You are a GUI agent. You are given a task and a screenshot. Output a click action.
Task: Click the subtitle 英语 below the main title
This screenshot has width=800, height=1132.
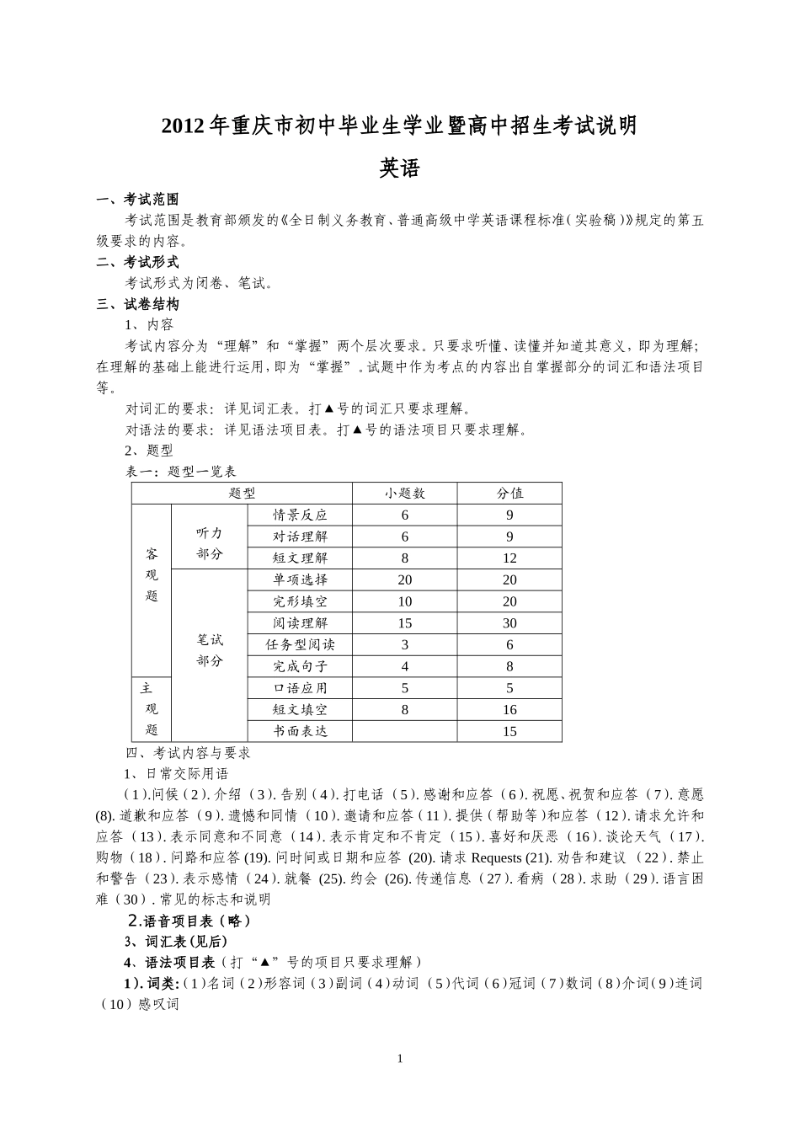tap(399, 168)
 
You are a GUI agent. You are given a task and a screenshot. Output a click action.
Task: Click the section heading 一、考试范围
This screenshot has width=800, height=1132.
tap(137, 200)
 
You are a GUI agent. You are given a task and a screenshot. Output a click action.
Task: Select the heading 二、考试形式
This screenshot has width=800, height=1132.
tap(137, 263)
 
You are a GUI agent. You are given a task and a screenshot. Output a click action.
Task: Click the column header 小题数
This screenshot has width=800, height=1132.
tap(405, 494)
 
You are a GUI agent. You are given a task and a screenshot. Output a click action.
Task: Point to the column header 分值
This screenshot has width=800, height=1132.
tap(509, 494)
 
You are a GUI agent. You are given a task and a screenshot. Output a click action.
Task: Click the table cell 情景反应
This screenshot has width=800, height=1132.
tap(300, 515)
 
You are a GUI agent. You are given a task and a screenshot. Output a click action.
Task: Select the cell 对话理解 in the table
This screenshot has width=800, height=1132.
tap(300, 537)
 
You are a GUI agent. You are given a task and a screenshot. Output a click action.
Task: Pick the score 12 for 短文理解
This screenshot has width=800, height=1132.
tap(509, 558)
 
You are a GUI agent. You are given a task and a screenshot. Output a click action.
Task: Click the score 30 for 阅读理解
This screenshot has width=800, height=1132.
tap(509, 623)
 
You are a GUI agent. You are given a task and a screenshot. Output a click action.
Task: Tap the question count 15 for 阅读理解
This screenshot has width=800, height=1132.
tap(405, 623)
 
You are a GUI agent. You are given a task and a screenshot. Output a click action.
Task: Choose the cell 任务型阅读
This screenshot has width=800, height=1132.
tap(300, 645)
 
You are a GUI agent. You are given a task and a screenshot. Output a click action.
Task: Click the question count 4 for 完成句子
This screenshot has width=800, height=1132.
tap(405, 666)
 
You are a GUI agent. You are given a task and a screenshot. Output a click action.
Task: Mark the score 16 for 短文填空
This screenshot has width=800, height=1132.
tap(509, 710)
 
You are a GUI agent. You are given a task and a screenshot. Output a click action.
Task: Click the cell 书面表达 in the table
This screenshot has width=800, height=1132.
tap(300, 731)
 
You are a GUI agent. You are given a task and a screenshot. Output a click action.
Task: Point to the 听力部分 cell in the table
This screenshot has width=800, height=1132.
tap(210, 543)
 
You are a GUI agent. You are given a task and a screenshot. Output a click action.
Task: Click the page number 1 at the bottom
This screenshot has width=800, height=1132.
tap(400, 1059)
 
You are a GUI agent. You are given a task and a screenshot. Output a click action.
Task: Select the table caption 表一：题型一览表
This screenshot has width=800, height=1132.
tap(181, 472)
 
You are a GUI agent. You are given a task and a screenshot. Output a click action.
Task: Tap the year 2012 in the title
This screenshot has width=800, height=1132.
tap(183, 126)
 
